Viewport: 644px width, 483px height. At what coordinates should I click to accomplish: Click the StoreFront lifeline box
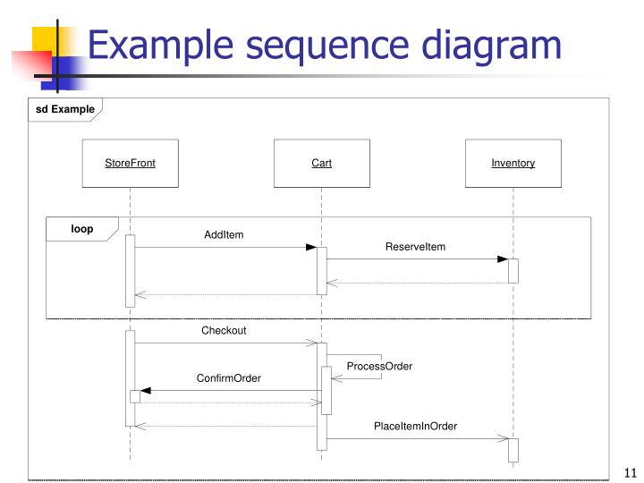click(130, 163)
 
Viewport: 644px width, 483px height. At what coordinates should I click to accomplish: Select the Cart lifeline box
click(321, 163)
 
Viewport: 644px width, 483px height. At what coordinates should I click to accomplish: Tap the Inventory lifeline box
click(513, 163)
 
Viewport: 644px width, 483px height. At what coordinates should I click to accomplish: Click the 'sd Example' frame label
click(64, 109)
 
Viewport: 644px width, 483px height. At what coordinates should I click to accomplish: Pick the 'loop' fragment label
click(81, 229)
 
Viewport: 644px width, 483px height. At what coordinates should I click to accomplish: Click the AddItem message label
click(224, 235)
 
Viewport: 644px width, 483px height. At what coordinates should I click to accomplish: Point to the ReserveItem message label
click(415, 247)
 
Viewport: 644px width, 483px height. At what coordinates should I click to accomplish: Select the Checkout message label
click(224, 331)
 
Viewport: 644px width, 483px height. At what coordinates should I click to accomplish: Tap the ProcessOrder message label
click(379, 367)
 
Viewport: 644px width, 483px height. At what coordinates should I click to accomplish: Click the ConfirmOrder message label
click(229, 378)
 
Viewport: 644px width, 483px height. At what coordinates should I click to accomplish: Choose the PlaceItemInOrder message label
click(415, 427)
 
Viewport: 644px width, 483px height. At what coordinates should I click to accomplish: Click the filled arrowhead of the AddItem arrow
click(310, 247)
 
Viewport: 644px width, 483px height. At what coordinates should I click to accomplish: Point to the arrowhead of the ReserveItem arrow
click(502, 259)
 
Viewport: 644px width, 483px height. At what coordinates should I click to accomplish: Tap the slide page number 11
click(628, 474)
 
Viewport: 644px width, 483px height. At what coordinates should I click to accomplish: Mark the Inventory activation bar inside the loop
click(513, 270)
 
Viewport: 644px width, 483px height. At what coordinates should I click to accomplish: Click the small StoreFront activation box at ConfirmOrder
click(134, 396)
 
